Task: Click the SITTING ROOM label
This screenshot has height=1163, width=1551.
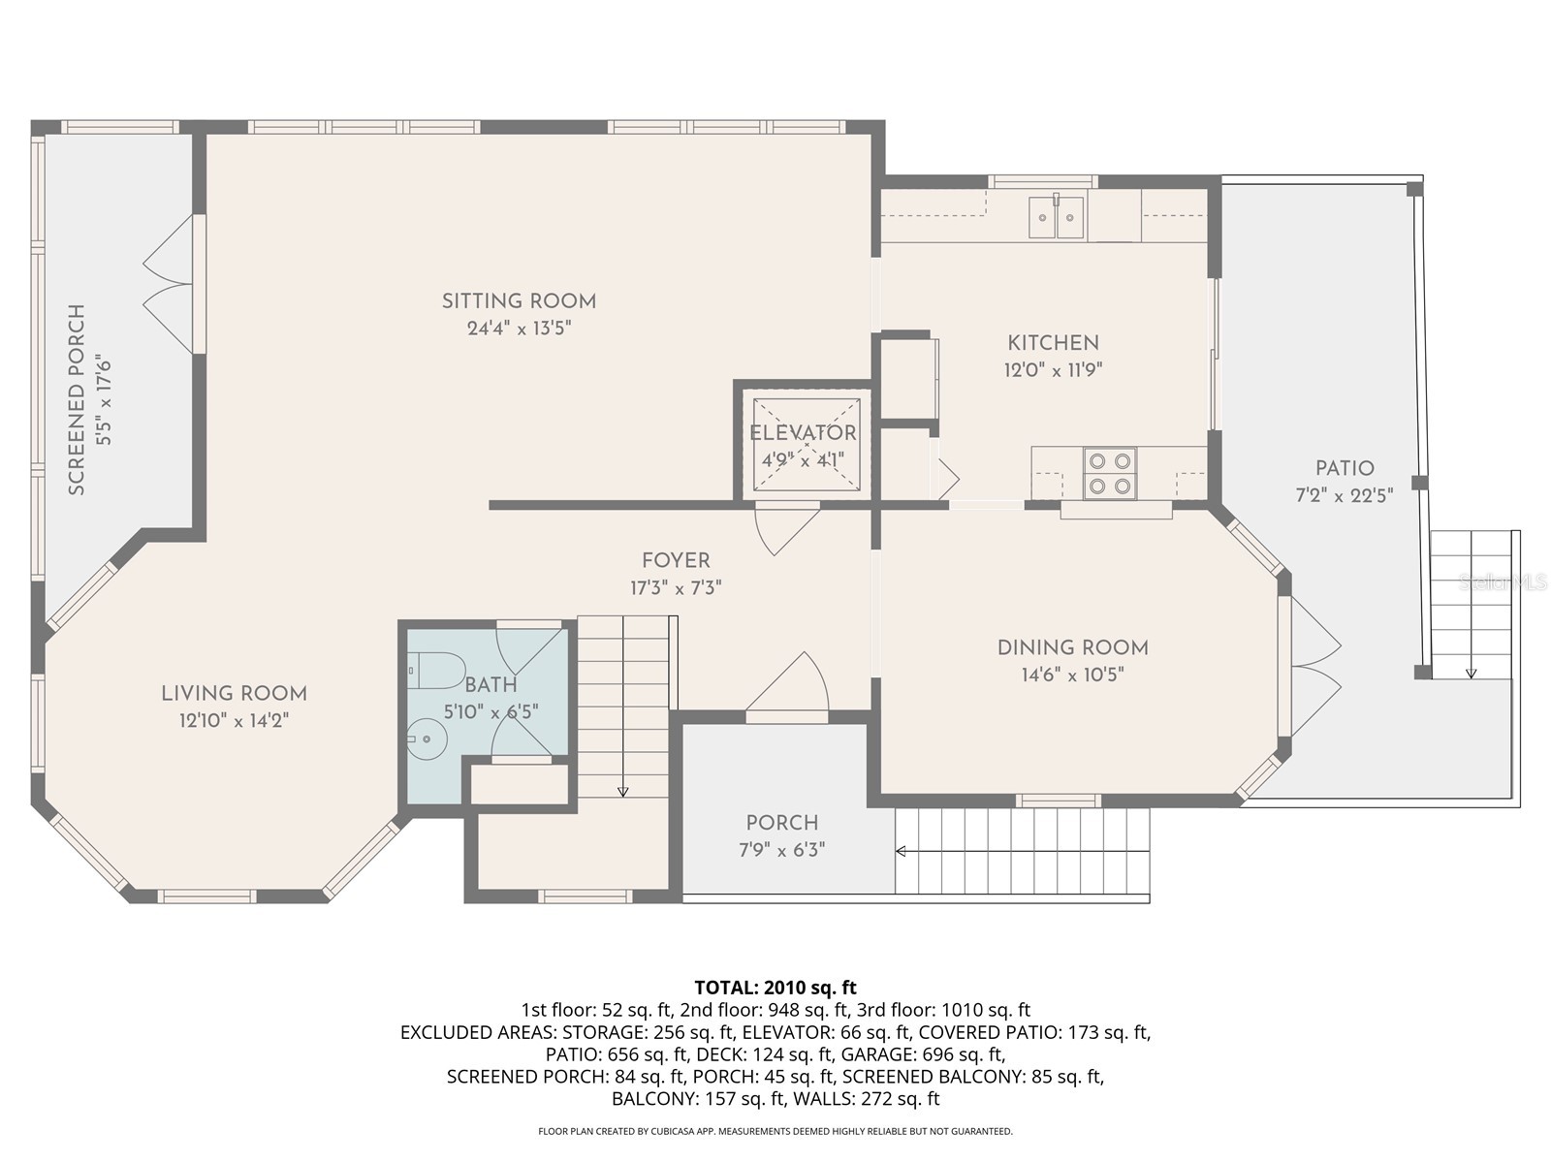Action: [519, 301]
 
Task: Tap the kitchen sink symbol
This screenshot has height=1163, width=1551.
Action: [1056, 217]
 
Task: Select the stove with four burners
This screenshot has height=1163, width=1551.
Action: [1110, 473]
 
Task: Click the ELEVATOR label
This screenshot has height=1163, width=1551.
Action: [803, 433]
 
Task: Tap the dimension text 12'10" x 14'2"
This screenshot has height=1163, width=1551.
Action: [234, 720]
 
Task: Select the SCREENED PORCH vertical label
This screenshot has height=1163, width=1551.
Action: [78, 399]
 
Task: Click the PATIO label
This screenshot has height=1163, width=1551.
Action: [1345, 468]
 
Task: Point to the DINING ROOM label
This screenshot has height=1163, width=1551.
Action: [1072, 647]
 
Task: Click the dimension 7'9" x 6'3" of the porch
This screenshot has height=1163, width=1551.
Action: [781, 850]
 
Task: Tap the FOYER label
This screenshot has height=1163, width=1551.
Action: [676, 560]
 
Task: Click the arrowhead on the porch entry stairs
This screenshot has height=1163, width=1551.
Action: [900, 851]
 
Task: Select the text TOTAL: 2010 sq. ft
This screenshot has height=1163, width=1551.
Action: [775, 988]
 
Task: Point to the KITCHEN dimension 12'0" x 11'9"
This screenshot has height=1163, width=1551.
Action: [1053, 369]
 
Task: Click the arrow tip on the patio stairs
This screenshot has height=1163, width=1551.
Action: [1471, 674]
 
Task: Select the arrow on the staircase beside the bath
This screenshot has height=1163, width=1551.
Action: [622, 792]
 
